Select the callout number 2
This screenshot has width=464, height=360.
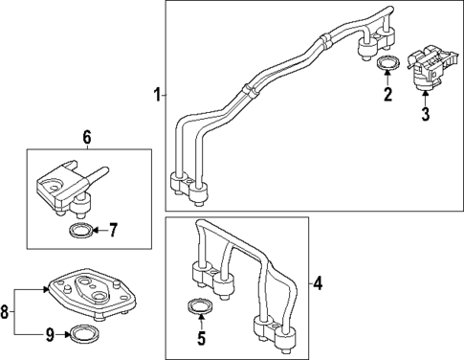tap(387, 94)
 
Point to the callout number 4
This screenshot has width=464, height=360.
tap(320, 283)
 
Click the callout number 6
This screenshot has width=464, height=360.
tap(86, 138)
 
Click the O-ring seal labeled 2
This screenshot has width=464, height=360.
tap(387, 64)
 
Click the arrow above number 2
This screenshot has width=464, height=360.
tap(387, 79)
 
